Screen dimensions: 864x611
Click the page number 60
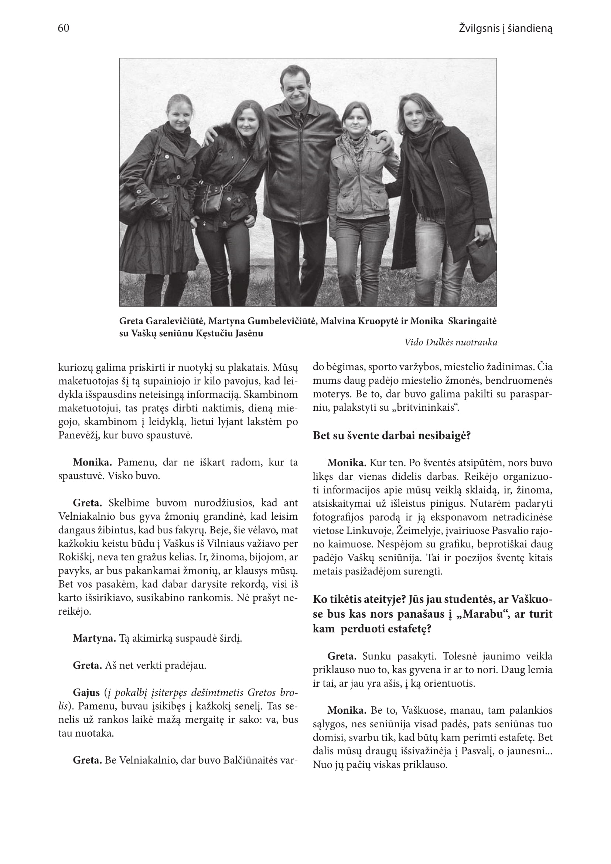[x=64, y=28]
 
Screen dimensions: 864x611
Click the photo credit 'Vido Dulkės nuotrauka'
[x=451, y=342]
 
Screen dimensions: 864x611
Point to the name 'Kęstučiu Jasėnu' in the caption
[x=229, y=334]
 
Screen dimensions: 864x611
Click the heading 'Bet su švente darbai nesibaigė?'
[x=392, y=436]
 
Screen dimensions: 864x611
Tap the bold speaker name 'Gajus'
[x=86, y=693]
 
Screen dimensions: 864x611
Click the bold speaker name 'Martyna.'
[x=94, y=639]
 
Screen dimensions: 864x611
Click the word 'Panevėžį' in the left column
[x=78, y=436]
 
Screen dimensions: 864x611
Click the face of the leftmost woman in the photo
[x=180, y=114]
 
